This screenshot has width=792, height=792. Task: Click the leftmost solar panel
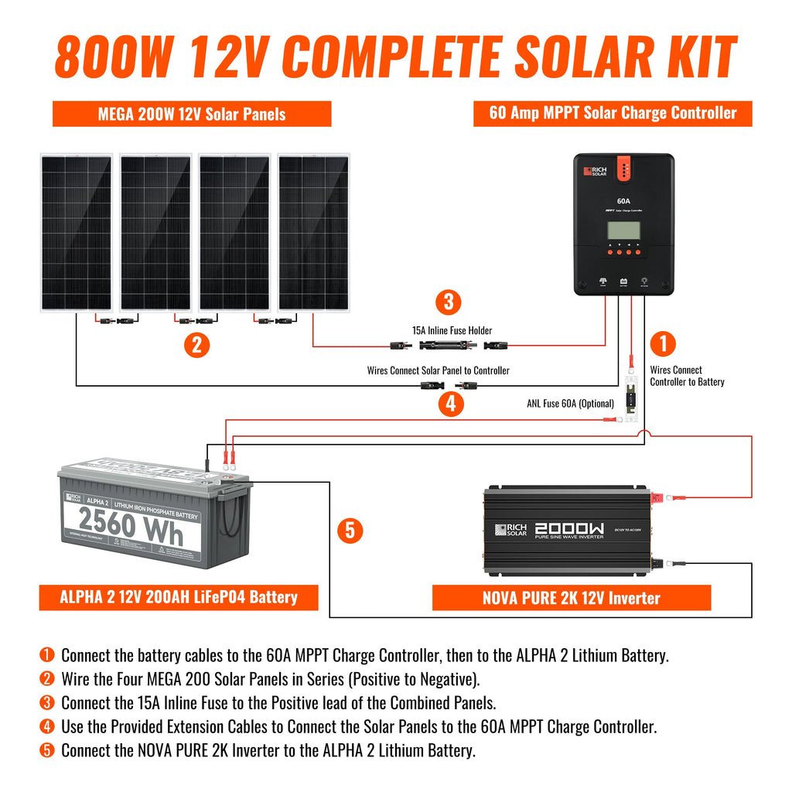[76, 233]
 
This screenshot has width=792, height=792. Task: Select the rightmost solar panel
[312, 233]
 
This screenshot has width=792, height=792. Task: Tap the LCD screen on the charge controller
[623, 230]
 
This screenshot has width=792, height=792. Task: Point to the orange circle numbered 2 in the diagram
[196, 345]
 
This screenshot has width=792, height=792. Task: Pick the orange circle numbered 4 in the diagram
[450, 403]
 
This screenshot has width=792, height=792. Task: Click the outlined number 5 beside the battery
[350, 530]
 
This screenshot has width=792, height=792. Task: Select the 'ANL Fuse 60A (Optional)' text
[571, 403]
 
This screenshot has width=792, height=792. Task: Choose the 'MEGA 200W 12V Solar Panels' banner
[192, 114]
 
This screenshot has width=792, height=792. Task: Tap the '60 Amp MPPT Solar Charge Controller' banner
[613, 113]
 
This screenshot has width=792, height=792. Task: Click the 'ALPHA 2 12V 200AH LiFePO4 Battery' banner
[179, 597]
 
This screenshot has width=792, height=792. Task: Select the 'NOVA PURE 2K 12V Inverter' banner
[571, 598]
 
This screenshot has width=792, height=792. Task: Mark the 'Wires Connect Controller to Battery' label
[687, 376]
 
